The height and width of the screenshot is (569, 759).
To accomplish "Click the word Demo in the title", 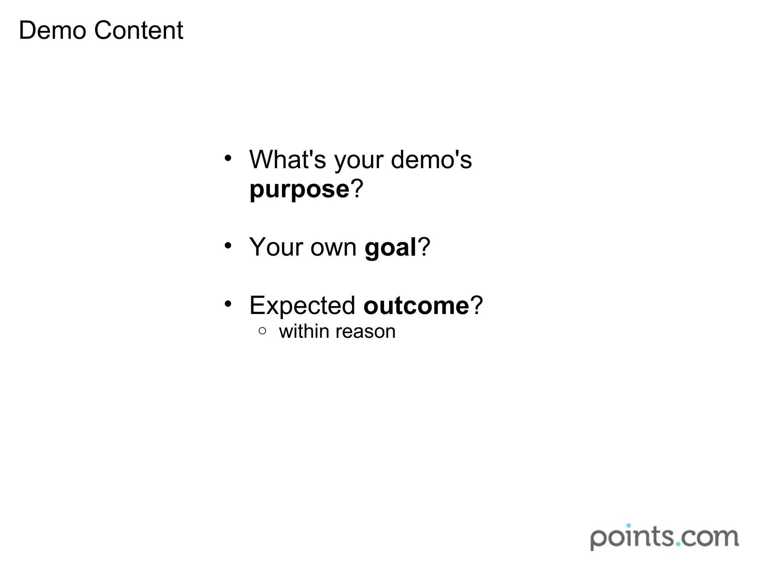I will click(x=52, y=30).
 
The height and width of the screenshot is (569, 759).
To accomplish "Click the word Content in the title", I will click(x=139, y=30).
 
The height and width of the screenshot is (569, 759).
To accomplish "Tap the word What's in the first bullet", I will click(x=288, y=160).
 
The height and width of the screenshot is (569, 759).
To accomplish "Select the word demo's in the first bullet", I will click(x=431, y=160).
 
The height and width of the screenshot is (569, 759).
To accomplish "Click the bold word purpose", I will click(x=299, y=190).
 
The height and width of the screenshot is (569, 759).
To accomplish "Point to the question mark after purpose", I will click(x=357, y=189).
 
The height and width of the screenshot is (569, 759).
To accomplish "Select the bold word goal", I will click(x=391, y=247).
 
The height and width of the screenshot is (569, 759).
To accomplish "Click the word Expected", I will click(x=302, y=306).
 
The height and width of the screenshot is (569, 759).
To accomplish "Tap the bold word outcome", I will click(x=417, y=306).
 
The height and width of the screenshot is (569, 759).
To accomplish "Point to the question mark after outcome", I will click(x=477, y=305).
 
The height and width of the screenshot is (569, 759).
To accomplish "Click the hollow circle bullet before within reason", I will click(x=262, y=331).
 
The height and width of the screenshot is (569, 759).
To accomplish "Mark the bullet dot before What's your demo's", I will click(x=228, y=159).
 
